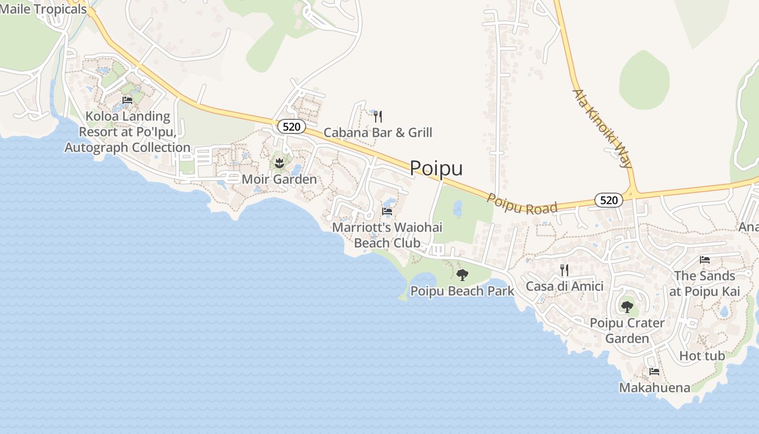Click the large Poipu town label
point(436,168)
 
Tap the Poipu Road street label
point(522,204)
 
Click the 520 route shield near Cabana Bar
point(292,126)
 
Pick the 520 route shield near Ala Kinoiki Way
point(609,200)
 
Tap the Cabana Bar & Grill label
point(378,132)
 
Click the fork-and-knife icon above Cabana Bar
point(378,116)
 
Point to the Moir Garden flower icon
point(279,163)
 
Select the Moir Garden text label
point(279,179)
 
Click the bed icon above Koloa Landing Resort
point(127,100)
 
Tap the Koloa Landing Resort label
point(127,132)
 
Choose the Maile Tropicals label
point(43,9)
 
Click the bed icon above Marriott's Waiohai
point(387,212)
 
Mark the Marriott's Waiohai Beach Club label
point(387,235)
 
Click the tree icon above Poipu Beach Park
point(462,275)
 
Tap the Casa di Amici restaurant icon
point(564,270)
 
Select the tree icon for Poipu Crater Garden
point(627,307)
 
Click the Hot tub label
point(702,356)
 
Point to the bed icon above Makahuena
point(654,372)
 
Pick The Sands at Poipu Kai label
point(704,283)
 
